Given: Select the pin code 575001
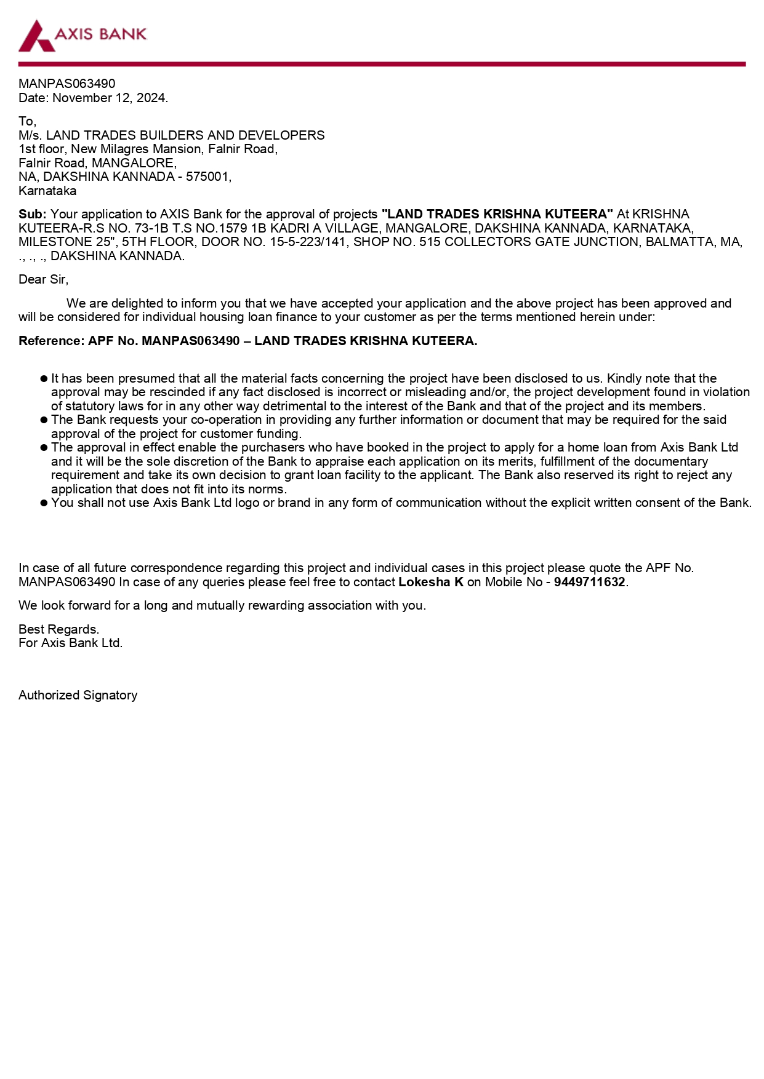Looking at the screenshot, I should (207, 177).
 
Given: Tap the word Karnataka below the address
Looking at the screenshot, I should (47, 191).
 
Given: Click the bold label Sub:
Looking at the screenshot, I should (32, 214).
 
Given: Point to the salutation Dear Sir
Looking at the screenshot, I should (43, 279).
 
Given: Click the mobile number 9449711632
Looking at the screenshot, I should (589, 582).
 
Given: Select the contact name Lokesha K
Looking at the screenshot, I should (431, 582).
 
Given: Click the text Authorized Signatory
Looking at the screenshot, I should (78, 695).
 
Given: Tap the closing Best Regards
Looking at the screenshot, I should (58, 629).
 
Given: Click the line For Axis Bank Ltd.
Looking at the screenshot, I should (70, 643).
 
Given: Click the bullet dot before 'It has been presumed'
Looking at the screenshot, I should (44, 379).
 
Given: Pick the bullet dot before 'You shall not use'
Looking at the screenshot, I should (44, 503).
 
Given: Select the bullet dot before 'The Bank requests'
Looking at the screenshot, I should (44, 420).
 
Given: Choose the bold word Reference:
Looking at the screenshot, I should (51, 341).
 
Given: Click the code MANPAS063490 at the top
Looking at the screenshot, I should (66, 84).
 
